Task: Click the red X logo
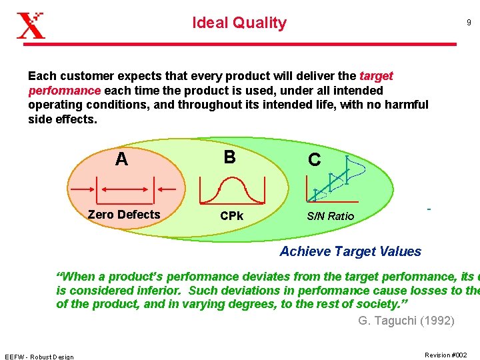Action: coord(31,25)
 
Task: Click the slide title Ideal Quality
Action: coord(239,23)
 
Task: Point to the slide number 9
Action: coord(469,23)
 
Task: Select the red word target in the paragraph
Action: coord(376,76)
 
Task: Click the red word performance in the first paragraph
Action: coord(64,90)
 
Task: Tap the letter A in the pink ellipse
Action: coord(121,159)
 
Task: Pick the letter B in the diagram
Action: coord(229,157)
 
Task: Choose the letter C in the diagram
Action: coord(314,160)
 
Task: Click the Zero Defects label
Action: coord(124,214)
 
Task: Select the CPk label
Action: coord(231,216)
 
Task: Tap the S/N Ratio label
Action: coord(331,216)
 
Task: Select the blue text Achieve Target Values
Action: coord(350,251)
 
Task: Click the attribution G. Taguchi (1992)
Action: coord(406,321)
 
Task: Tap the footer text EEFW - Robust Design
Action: coord(39,356)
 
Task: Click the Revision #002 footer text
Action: coord(445,355)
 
